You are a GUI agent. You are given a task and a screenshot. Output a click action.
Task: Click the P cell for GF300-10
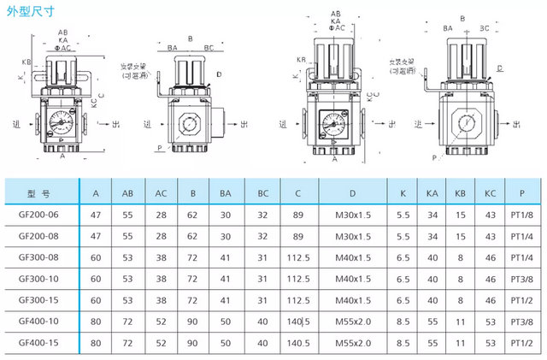[521, 278]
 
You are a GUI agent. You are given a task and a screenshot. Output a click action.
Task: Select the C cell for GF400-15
[297, 342]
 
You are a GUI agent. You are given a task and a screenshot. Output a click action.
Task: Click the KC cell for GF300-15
[490, 299]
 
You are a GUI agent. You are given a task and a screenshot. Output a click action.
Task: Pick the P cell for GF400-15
[521, 342]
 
